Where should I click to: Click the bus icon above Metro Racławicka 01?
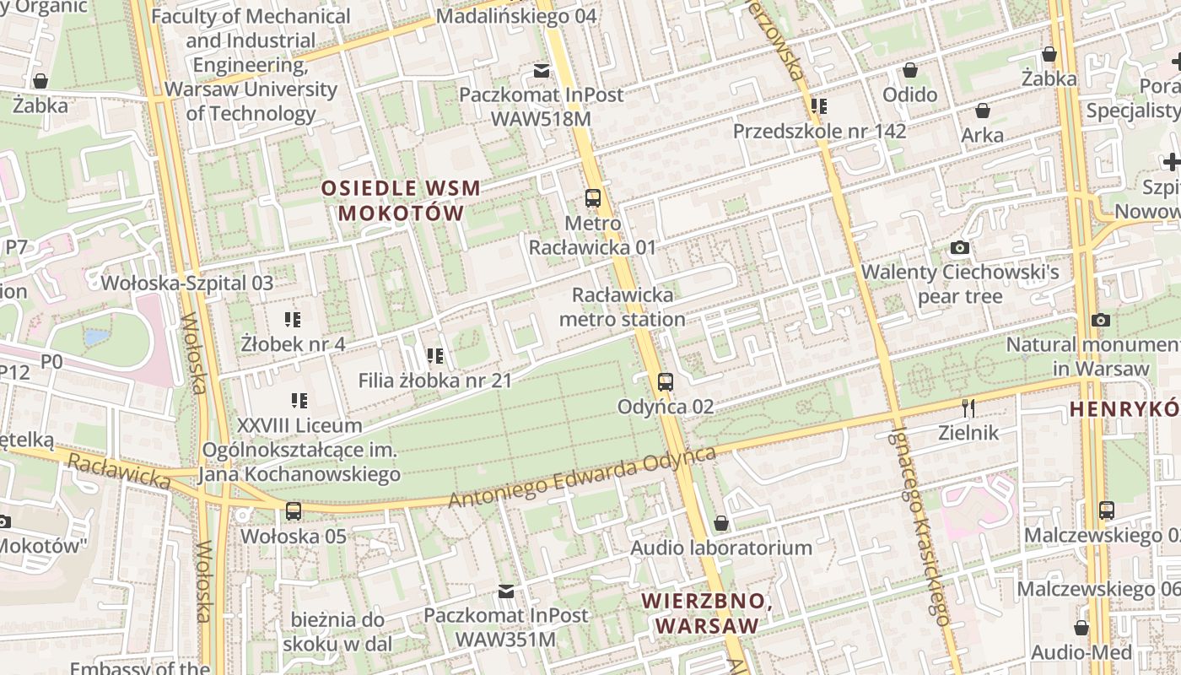(x=593, y=199)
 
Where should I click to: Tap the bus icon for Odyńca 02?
(x=666, y=382)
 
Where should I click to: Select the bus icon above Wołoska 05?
(x=293, y=511)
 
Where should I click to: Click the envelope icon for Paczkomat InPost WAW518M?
(x=541, y=70)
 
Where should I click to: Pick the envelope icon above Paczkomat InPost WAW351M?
(x=505, y=591)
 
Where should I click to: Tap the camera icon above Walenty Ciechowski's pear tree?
(x=959, y=248)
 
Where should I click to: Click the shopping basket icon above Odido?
(x=909, y=70)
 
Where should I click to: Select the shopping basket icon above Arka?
(x=982, y=111)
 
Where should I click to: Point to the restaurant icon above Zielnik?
(x=968, y=408)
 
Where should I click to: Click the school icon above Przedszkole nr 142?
(x=818, y=106)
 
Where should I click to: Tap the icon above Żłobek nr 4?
(x=293, y=320)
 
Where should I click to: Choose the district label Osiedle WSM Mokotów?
(x=401, y=201)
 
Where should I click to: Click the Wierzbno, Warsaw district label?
(x=707, y=613)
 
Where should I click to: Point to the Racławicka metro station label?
(x=623, y=307)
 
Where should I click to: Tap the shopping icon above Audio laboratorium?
(x=720, y=524)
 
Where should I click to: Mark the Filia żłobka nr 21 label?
(x=435, y=381)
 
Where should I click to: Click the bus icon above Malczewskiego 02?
(x=1106, y=510)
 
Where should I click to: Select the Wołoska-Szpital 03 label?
(x=187, y=283)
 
